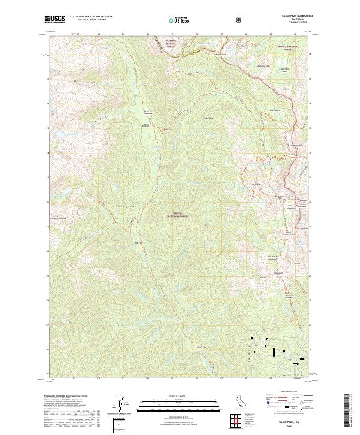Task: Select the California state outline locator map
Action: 239,401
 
